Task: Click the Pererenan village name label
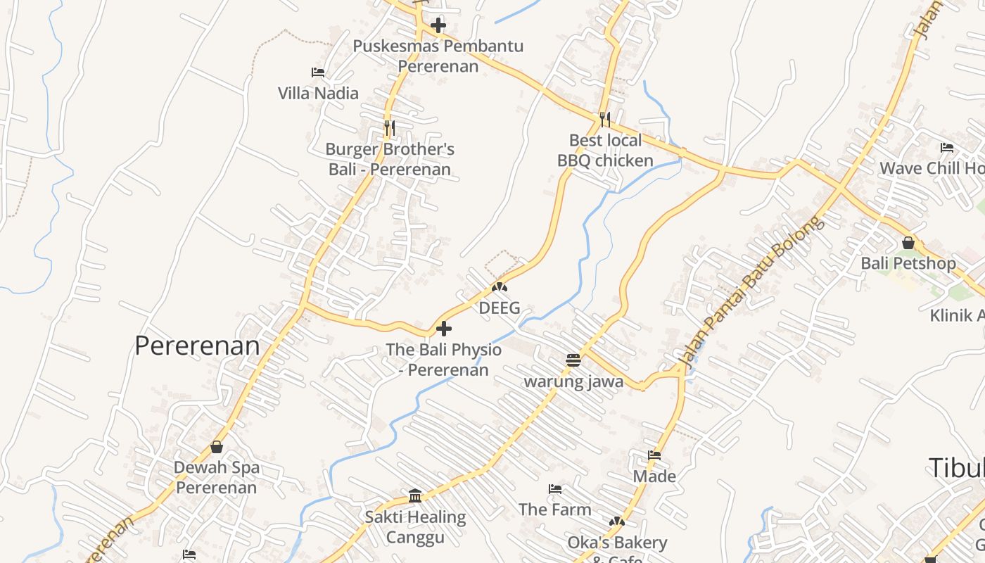(x=197, y=346)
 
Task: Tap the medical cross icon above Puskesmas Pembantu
(x=438, y=26)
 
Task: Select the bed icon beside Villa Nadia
(x=318, y=72)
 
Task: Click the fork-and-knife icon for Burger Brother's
(x=389, y=127)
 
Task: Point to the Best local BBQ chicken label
(x=605, y=151)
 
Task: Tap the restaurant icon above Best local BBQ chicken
(x=604, y=119)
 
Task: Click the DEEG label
(x=499, y=308)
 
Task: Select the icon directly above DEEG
(x=499, y=287)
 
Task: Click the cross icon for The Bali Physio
(x=444, y=329)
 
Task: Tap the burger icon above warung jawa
(x=573, y=360)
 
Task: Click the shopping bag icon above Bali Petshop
(x=908, y=243)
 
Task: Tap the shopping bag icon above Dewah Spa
(x=217, y=447)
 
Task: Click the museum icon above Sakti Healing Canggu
(x=415, y=496)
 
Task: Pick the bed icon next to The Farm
(x=555, y=489)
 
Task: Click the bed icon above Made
(x=654, y=455)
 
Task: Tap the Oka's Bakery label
(x=617, y=543)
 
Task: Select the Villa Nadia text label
(x=318, y=94)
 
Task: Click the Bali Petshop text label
(x=908, y=264)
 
